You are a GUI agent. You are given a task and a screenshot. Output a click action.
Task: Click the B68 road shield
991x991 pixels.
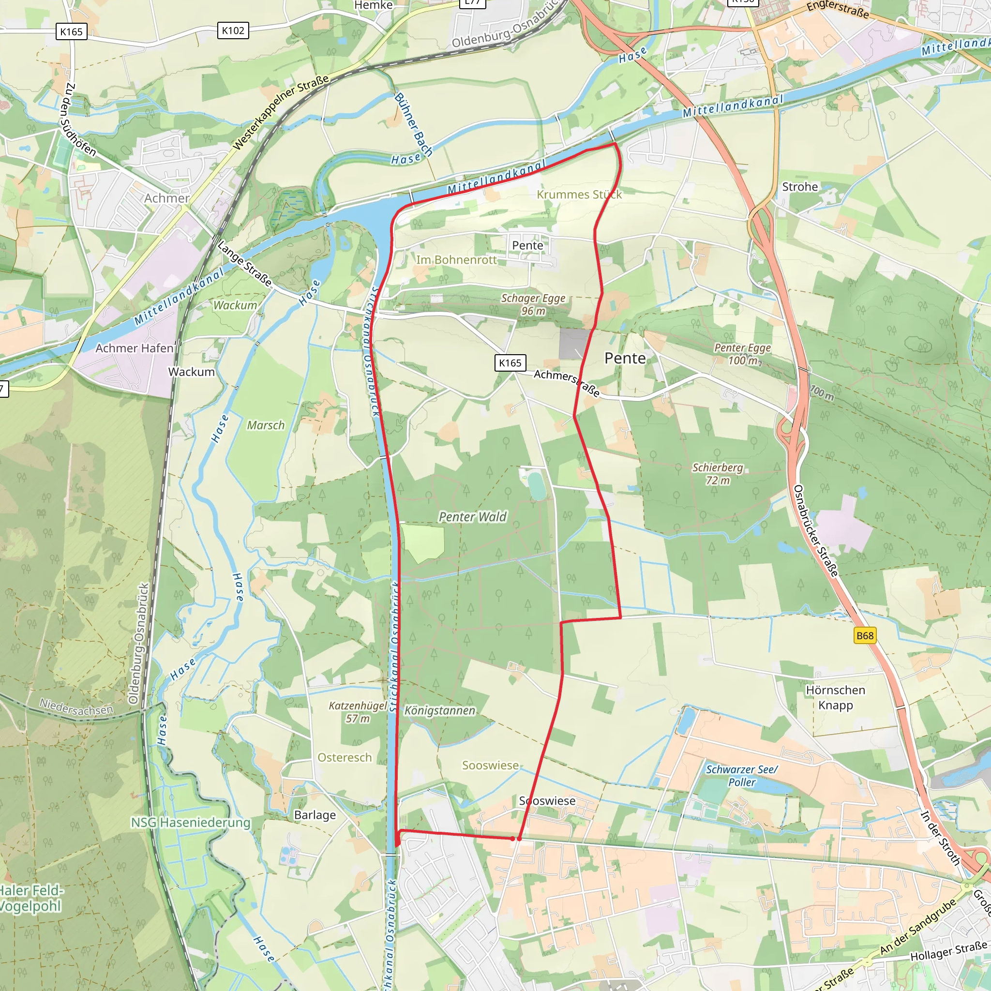tap(864, 635)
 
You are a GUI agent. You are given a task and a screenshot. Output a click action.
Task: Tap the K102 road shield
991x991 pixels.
tap(233, 31)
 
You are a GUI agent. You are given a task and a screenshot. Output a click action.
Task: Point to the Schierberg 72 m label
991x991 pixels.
tap(718, 474)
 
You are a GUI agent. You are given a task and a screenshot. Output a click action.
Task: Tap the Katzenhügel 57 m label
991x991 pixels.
tap(358, 712)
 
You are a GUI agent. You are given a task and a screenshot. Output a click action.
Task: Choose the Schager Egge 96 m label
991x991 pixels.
tap(533, 304)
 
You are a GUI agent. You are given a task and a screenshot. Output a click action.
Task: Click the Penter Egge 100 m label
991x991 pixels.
tap(742, 354)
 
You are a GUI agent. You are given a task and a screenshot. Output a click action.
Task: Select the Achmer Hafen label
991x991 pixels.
tap(135, 348)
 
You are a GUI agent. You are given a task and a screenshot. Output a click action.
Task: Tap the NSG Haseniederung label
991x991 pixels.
tap(190, 823)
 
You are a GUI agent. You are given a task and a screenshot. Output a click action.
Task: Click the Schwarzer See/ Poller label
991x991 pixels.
tap(742, 776)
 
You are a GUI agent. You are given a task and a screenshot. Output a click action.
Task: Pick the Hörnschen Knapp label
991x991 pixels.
tap(835, 698)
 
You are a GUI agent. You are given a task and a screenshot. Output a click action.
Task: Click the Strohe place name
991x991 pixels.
tap(800, 187)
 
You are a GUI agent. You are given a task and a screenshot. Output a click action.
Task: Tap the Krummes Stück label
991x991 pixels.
tap(579, 195)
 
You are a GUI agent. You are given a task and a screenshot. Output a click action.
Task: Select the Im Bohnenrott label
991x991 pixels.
tap(456, 260)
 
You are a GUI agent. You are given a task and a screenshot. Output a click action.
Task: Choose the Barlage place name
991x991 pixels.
tap(315, 815)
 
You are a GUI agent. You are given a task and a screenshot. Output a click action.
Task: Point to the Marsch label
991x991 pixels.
tap(266, 425)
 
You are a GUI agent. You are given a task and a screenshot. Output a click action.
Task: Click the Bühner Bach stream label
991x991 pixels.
tap(413, 124)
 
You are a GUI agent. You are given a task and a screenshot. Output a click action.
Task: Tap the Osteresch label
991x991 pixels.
tap(344, 758)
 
